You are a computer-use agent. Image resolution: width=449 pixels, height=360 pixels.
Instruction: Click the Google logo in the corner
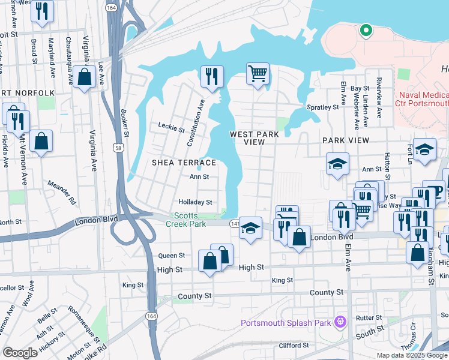click(x=20, y=353)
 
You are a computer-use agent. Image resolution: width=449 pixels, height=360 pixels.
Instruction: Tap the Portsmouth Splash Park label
click(x=286, y=323)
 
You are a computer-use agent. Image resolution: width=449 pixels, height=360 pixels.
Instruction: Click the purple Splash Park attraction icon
click(x=340, y=322)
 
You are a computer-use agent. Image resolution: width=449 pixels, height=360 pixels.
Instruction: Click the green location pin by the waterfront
click(x=365, y=30)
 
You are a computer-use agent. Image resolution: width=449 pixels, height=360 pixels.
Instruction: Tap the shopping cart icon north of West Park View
click(x=258, y=74)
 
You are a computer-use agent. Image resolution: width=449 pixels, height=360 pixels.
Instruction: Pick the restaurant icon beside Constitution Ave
click(x=211, y=76)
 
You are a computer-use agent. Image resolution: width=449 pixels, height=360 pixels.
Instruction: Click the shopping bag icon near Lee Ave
click(x=85, y=77)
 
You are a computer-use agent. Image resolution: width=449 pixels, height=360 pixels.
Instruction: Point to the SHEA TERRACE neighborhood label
click(x=184, y=163)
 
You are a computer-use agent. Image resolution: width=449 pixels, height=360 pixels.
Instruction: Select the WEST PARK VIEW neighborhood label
click(x=255, y=138)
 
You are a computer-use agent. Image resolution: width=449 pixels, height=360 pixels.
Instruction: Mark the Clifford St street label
click(x=294, y=345)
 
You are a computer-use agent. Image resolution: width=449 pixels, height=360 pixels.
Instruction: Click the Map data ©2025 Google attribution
click(x=411, y=355)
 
